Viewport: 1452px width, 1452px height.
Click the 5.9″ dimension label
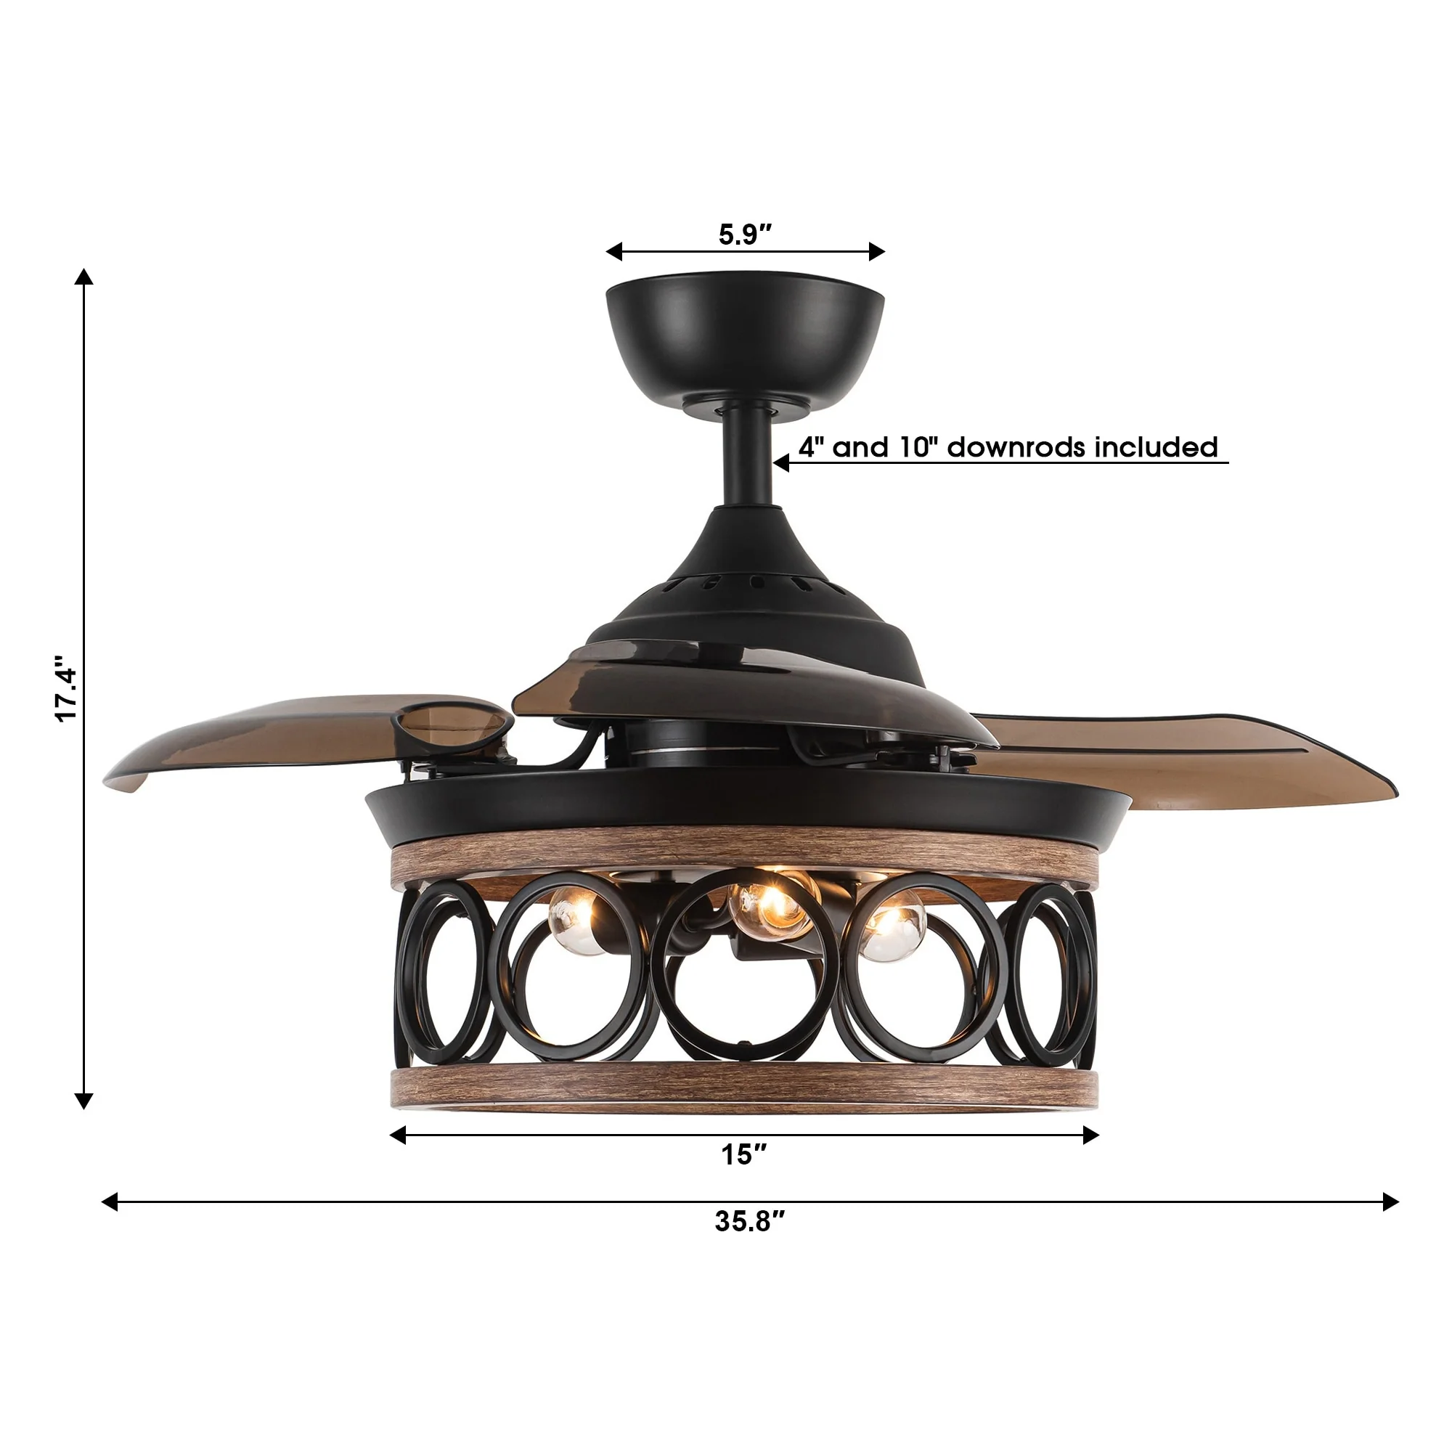pyautogui.click(x=745, y=234)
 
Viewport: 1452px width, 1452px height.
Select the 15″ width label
pyautogui.click(x=744, y=1154)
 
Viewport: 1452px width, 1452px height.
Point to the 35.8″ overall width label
pyautogui.click(x=749, y=1221)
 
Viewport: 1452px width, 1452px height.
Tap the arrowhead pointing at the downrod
pyautogui.click(x=782, y=462)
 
